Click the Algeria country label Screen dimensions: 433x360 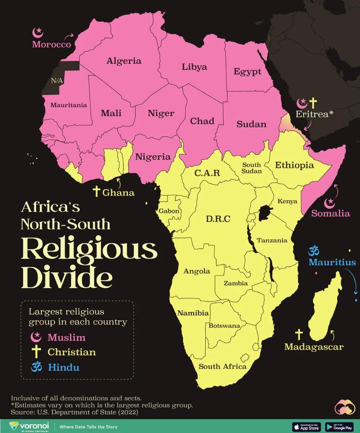pos(124,61)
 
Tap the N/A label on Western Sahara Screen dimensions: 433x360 pos(57,80)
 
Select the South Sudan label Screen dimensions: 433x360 pos(252,168)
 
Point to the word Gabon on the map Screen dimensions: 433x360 pos(169,211)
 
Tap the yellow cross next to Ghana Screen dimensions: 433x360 pos(96,192)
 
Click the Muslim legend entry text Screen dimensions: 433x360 pos(67,337)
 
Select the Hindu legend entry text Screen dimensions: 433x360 pos(63,367)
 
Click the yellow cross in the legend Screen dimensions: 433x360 pos(36,352)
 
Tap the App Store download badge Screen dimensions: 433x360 pos(306,426)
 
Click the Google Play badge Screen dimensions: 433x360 pos(339,426)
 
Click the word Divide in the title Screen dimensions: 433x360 pos(66,277)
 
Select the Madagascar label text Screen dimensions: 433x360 pos(314,347)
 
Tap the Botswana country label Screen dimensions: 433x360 pos(224,325)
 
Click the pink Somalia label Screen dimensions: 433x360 pos(331,213)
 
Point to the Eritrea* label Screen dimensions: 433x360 pos(314,114)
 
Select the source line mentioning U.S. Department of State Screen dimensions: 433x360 pos(75,412)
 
